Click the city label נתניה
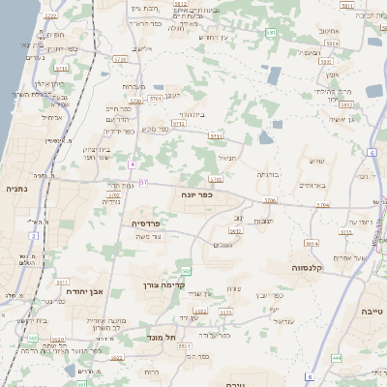[x=16, y=190]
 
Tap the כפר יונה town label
[x=196, y=194]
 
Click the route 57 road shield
[x=143, y=183]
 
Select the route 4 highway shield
[x=132, y=164]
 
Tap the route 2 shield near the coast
[x=33, y=235]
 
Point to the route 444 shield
[x=337, y=358]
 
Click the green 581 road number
[x=272, y=34]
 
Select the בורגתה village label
[x=267, y=174]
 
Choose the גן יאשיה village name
[x=342, y=118]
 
